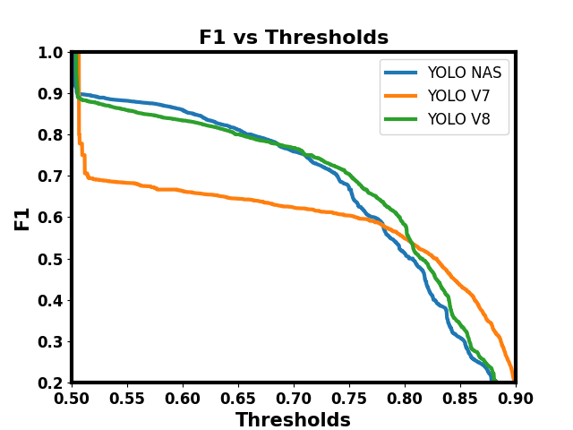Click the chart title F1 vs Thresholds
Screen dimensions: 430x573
(293, 38)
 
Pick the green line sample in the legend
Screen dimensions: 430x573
(402, 119)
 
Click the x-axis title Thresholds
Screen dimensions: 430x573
(293, 420)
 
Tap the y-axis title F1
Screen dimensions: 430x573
(22, 218)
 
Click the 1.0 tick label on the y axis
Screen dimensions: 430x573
(51, 53)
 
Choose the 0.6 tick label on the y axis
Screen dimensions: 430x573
(51, 218)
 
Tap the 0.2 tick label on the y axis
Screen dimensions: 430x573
(51, 383)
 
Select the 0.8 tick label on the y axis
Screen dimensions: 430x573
(51, 135)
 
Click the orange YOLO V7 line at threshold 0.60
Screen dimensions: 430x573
(183, 191)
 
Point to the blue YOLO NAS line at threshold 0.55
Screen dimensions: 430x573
(127, 100)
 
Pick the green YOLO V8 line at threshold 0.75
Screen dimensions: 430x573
(349, 176)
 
